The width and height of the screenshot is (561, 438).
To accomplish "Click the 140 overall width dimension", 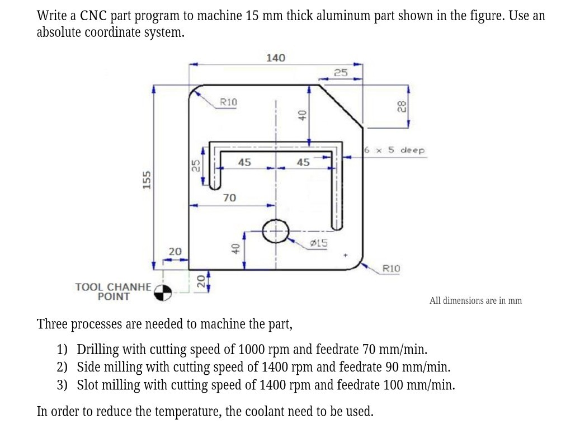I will [275, 58].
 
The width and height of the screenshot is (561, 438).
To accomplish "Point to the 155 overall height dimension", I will [147, 180].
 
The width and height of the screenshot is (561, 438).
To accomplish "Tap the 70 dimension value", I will [229, 197].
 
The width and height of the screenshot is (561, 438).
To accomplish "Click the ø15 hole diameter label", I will [319, 243].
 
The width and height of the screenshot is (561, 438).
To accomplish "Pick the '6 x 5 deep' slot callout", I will [394, 150].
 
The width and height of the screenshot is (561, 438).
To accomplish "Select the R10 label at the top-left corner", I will [228, 102].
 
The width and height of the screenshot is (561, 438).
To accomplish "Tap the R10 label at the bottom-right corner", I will [391, 269].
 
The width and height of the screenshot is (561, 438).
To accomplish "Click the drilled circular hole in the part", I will [274, 230].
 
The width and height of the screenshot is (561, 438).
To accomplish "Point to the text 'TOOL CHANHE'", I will [113, 287].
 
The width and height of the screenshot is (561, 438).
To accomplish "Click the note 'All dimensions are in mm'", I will [475, 301].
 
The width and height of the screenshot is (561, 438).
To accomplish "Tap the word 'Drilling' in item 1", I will [98, 350].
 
